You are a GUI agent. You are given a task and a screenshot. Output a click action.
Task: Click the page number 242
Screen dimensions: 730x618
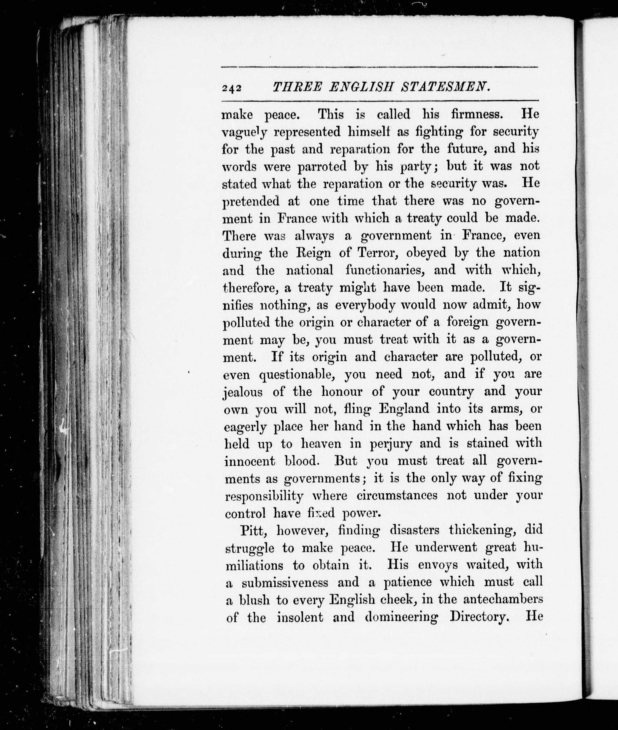(232, 88)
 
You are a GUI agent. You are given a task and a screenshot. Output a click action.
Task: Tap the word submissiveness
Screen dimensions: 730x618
(285, 582)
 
